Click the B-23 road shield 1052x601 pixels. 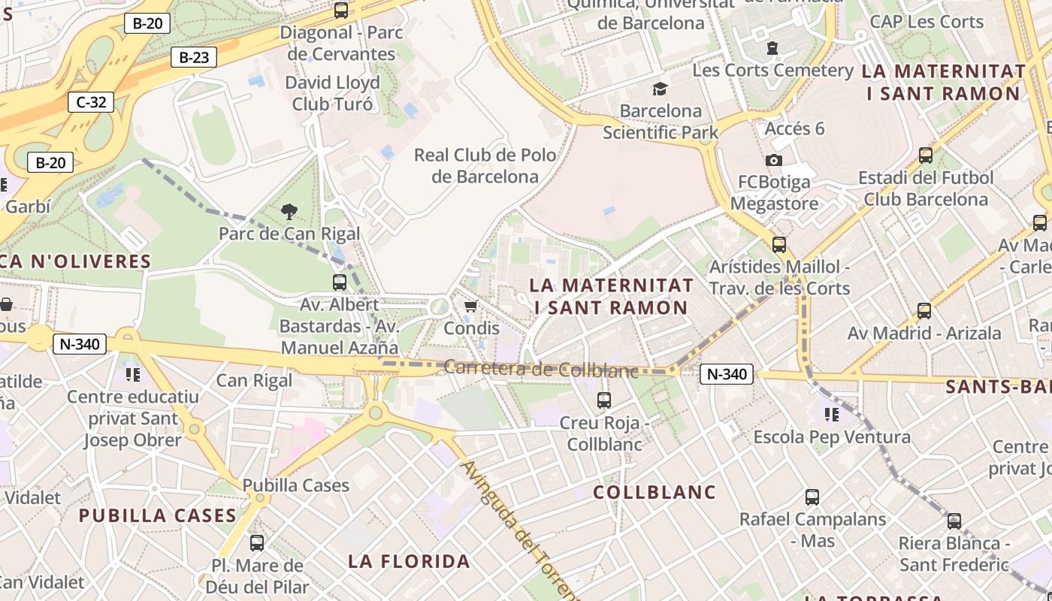194,57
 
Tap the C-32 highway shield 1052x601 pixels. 92,102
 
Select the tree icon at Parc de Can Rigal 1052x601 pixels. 289,212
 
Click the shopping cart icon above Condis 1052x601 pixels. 471,306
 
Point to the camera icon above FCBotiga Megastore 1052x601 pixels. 773,160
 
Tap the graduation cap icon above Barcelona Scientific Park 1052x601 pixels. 660,89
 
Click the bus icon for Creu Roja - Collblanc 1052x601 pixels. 604,400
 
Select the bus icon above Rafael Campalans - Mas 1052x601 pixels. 812,497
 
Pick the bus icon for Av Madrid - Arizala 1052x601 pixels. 924,310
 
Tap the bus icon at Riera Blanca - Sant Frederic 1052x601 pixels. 954,521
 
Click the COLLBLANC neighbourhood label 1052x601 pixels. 654,492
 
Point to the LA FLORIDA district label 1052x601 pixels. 409,561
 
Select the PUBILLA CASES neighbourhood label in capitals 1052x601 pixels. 158,515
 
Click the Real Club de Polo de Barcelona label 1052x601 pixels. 485,166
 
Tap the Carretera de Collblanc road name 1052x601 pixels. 541,369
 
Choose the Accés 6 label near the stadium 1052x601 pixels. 794,128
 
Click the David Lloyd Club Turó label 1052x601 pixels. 332,93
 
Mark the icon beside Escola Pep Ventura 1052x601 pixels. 831,414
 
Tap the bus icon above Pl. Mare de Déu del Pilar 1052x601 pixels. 257,542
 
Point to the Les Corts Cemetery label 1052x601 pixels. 773,71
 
